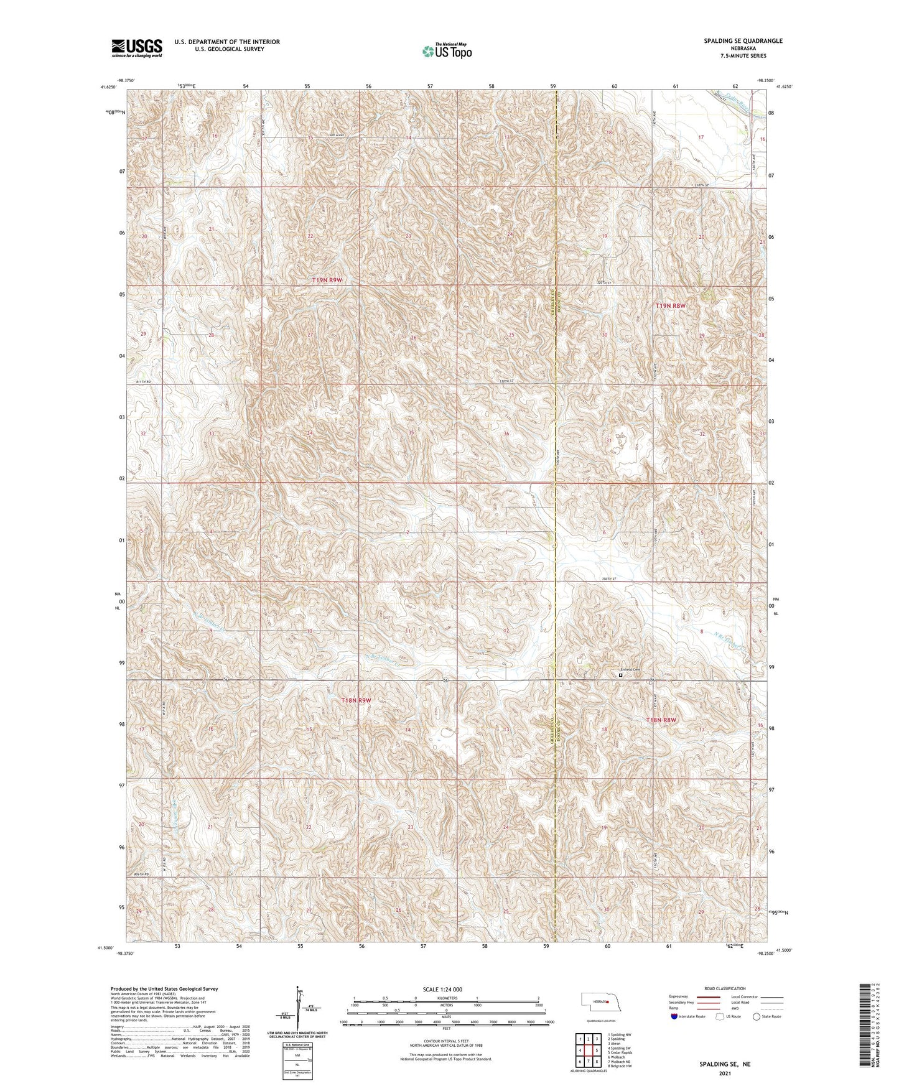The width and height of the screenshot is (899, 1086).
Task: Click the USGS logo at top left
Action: (x=136, y=47)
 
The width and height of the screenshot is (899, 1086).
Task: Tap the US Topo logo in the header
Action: (x=445, y=51)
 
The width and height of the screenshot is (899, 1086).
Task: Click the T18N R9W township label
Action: (x=356, y=700)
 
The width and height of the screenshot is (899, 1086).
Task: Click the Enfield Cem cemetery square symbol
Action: (x=620, y=675)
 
